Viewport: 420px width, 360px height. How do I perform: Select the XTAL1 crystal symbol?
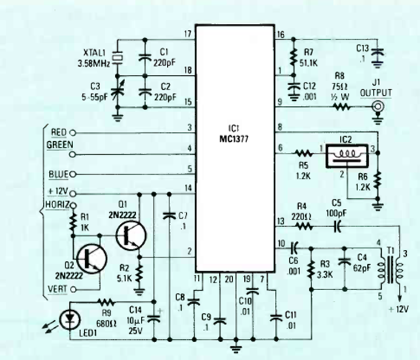coord(117,56)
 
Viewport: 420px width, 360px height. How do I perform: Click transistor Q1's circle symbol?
coord(132,233)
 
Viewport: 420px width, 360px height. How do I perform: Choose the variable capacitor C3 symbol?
coord(117,93)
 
